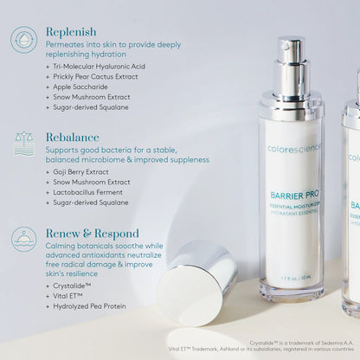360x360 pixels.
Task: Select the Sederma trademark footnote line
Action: [x=294, y=344]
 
